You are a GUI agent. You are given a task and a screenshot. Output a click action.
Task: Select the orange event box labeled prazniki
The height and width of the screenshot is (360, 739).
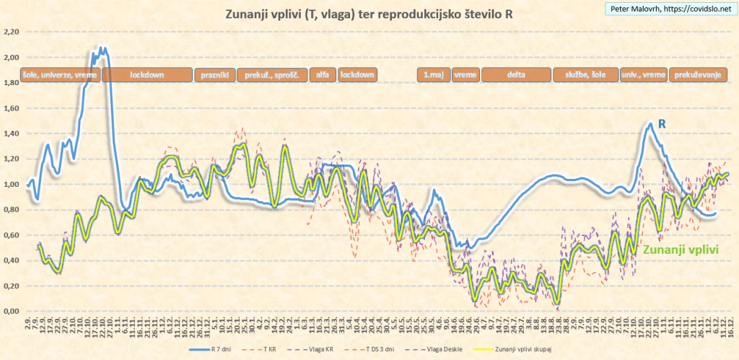(215, 74)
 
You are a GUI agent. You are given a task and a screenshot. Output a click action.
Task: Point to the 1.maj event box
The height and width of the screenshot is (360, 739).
(433, 74)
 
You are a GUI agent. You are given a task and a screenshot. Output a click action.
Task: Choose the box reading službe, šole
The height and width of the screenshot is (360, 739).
(585, 74)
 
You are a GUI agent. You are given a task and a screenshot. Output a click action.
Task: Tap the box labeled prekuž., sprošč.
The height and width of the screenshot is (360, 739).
(272, 74)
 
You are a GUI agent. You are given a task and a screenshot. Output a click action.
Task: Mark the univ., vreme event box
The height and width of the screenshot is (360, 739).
(644, 74)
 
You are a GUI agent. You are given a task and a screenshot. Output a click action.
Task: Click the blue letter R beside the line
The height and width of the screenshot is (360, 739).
(660, 124)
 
